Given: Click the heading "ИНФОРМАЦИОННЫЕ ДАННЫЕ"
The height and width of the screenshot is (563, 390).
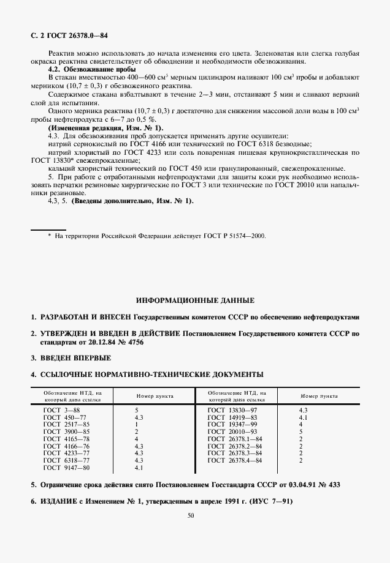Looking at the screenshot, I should click(x=194, y=300).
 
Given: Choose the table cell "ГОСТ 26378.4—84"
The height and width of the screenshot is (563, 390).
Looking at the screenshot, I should click(x=235, y=460).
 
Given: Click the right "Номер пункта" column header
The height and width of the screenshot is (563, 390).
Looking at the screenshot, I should click(x=319, y=396).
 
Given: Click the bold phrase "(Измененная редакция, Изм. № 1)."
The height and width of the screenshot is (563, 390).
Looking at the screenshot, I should click(x=105, y=128).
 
